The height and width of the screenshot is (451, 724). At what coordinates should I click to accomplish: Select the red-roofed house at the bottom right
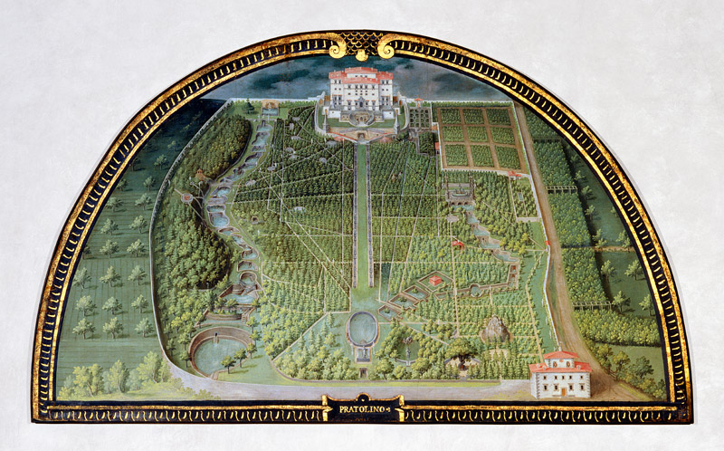click(560, 373)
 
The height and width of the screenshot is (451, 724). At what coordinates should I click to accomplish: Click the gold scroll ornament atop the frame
click(361, 45)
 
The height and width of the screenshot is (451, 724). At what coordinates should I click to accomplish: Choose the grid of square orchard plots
click(480, 138)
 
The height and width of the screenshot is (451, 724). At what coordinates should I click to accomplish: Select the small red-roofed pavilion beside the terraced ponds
click(436, 281)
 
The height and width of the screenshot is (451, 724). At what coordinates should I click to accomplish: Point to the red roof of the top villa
click(360, 72)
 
